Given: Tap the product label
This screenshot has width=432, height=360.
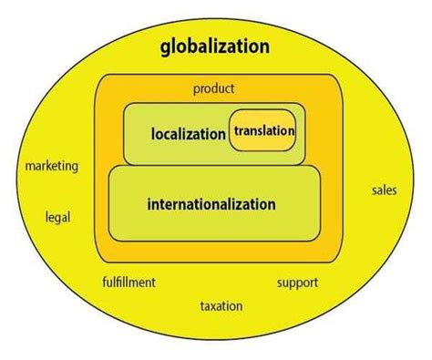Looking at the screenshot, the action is tap(214, 88).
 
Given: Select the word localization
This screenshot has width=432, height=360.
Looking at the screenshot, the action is tap(189, 134).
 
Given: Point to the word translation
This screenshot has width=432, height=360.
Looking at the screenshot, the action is tap(264, 131).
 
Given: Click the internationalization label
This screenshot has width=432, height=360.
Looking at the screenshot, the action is tap(211, 204).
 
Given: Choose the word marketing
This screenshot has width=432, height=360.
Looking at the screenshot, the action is tap(51, 167).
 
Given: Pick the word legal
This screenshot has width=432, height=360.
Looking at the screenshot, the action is tap(57, 217).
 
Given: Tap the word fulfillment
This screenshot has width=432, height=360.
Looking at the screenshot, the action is tap(129, 282).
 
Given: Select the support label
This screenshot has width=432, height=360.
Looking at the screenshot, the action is tap(297, 282).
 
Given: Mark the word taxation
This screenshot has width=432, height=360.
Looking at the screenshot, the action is tap(221, 305).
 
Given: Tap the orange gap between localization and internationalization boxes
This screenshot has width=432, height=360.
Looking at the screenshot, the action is tap(210, 165).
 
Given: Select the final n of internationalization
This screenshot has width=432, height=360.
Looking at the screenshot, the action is tap(271, 204).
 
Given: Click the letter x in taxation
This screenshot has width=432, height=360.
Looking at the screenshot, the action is tap(215, 305).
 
